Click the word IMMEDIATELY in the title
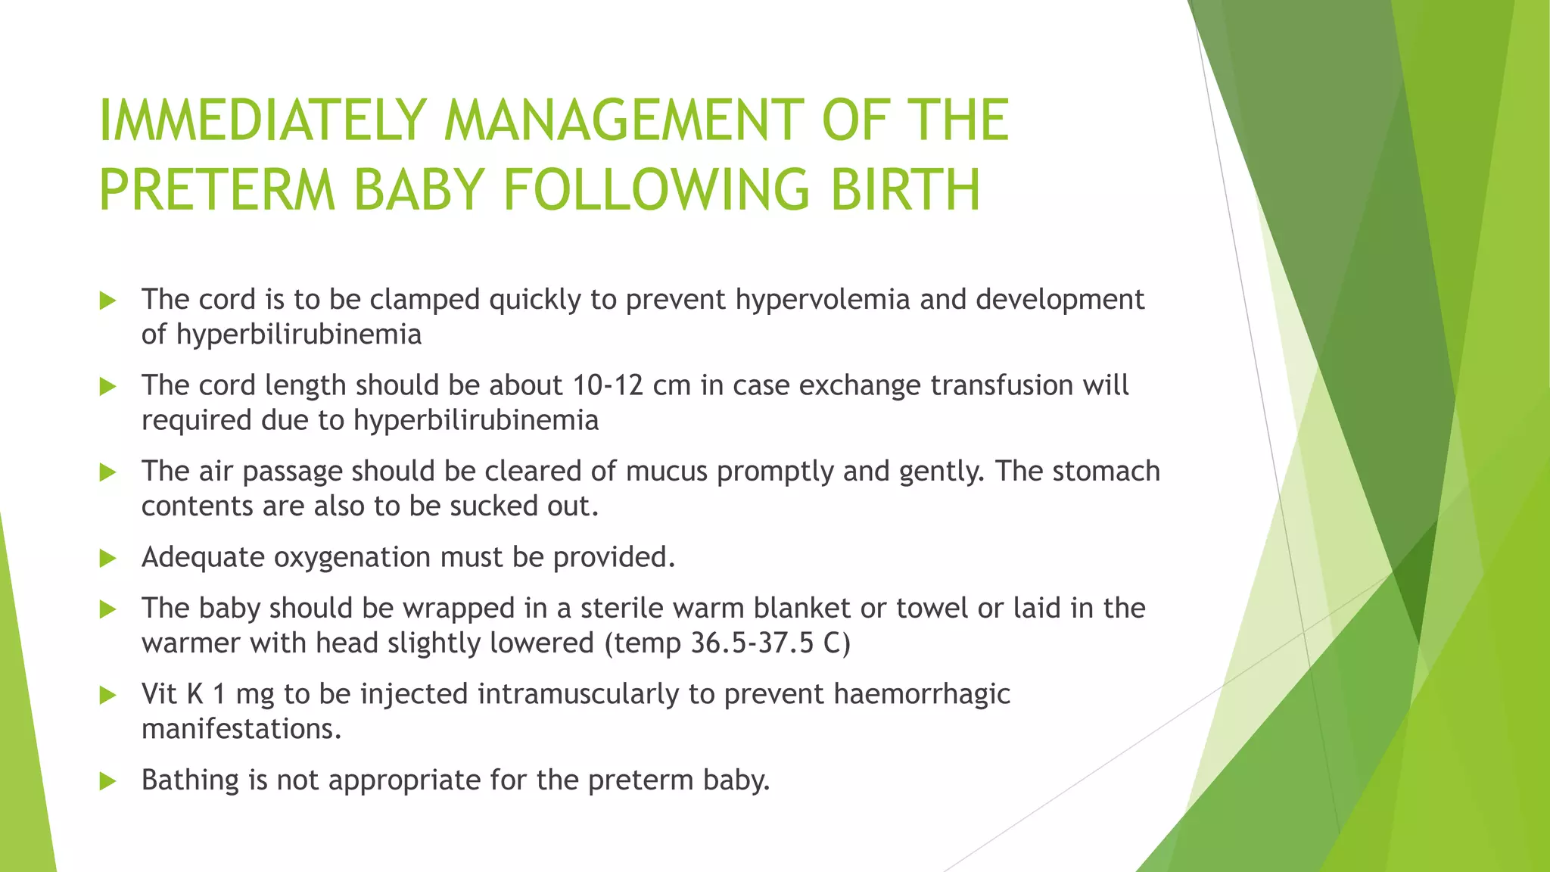pos(263,120)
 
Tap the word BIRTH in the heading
pos(905,190)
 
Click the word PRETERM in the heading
pos(217,190)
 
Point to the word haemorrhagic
pos(921,694)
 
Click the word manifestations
pos(241,729)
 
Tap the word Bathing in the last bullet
pos(190,780)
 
